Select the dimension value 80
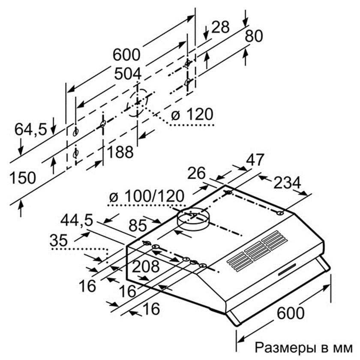(x=253, y=37)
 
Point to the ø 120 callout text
(x=192, y=114)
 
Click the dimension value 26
(x=197, y=173)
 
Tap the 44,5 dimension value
(x=77, y=220)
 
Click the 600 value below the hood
(x=290, y=312)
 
